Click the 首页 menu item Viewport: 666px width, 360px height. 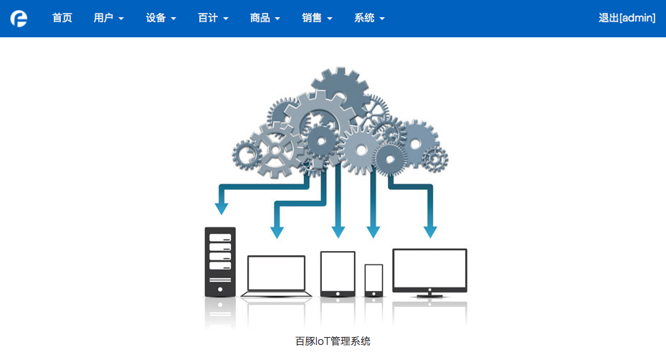tap(62, 18)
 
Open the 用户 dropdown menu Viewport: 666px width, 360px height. tap(109, 18)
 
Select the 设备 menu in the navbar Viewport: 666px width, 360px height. tap(161, 18)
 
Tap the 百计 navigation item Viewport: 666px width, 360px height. tap(213, 18)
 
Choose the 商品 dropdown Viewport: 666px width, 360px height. tap(265, 18)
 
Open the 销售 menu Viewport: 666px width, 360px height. tap(318, 18)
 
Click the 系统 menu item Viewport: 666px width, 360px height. tap(369, 18)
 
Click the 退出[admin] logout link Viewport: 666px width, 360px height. tap(627, 18)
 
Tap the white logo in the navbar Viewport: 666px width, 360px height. tap(19, 18)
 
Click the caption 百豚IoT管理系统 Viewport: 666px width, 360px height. tap(333, 341)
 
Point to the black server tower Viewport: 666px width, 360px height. tap(220, 262)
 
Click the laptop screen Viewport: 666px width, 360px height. tap(276, 273)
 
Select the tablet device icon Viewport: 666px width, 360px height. tap(338, 274)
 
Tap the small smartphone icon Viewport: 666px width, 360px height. tap(374, 280)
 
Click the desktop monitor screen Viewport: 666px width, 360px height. tap(430, 269)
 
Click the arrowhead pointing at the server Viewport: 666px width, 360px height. tap(222, 209)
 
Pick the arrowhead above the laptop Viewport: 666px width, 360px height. tap(277, 232)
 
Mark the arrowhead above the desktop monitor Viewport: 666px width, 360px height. tap(430, 232)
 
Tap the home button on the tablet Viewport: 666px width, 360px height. tap(338, 294)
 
